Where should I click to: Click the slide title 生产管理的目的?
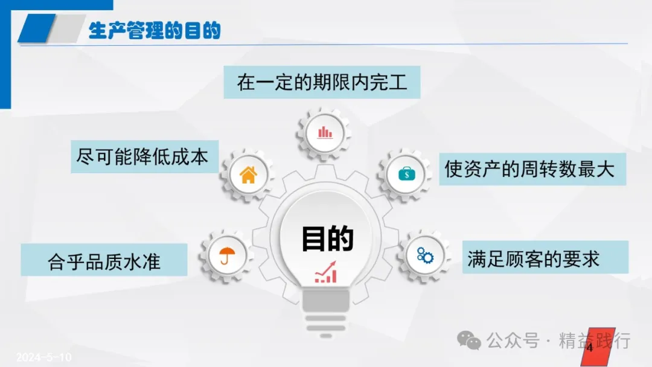click(155, 30)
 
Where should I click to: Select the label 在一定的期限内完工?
click(322, 82)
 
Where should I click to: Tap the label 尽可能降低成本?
click(142, 157)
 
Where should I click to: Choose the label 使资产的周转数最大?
click(529, 169)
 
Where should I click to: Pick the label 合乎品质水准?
click(104, 261)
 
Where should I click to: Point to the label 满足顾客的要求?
click(534, 259)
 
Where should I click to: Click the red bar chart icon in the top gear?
click(325, 133)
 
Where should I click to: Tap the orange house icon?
click(248, 174)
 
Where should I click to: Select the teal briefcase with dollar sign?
click(406, 174)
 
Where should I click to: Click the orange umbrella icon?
click(227, 255)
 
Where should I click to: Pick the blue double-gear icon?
click(425, 255)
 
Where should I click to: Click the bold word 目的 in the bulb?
click(327, 238)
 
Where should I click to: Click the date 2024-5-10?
click(43, 357)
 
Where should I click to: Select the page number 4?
click(589, 347)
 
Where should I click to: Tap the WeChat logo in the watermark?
click(469, 341)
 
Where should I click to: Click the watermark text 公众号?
click(513, 340)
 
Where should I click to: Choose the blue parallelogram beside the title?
click(37, 28)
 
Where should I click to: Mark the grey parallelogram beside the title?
click(66, 28)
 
